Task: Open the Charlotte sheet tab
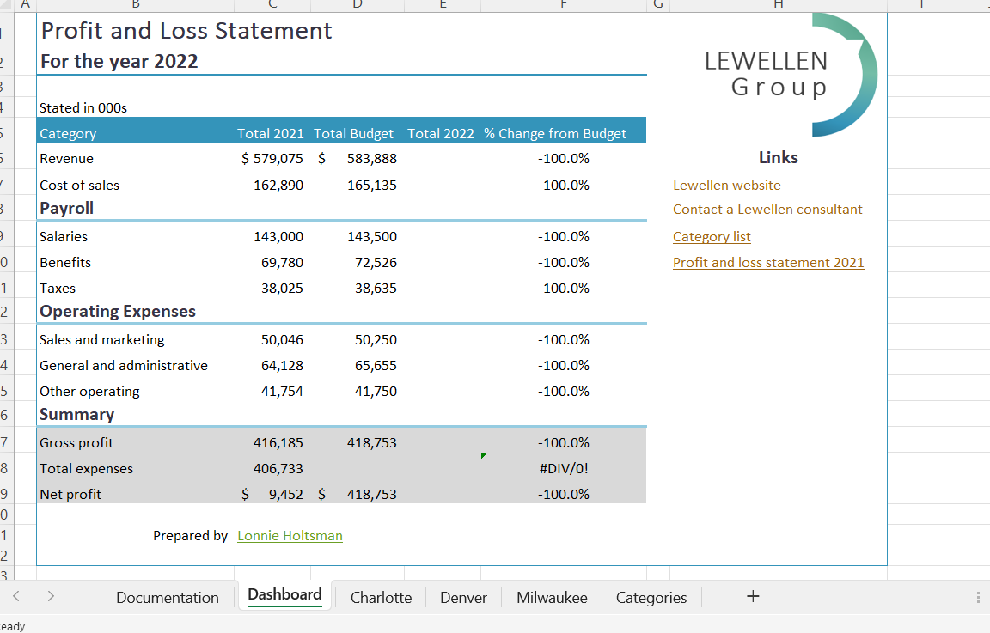(381, 598)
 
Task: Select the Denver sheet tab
(463, 598)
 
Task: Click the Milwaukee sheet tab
(552, 598)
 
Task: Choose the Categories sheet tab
(651, 598)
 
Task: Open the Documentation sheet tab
(168, 598)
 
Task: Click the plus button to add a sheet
(753, 596)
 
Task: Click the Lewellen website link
(726, 186)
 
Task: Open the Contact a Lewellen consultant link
(767, 210)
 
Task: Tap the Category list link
(712, 237)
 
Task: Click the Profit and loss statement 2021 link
(768, 263)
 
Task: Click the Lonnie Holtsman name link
(290, 536)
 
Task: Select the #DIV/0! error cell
(564, 469)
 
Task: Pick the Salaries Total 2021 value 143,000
(278, 237)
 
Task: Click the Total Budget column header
(353, 134)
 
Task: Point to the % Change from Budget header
(555, 134)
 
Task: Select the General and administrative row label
(124, 366)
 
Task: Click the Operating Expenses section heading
(118, 312)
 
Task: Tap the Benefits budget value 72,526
(376, 263)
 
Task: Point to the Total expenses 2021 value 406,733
(278, 469)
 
